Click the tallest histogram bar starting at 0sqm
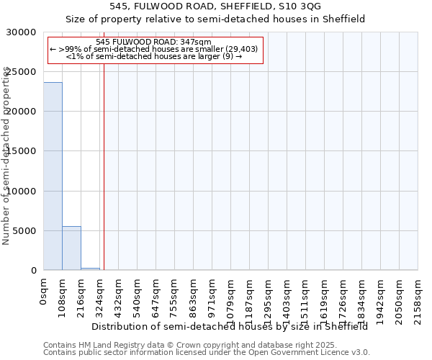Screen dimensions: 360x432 (53, 176)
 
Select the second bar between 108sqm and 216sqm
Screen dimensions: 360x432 (71, 248)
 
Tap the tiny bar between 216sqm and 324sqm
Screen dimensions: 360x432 (90, 269)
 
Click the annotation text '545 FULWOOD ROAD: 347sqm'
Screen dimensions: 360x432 (153, 42)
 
